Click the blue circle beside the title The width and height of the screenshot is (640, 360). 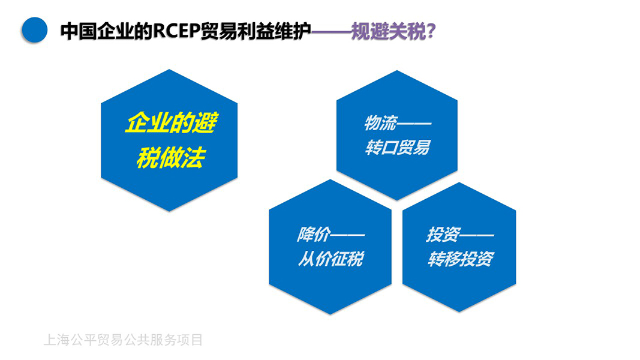click(x=34, y=30)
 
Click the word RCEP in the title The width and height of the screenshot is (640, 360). click(x=176, y=31)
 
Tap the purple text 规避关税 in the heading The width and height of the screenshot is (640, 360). click(x=388, y=31)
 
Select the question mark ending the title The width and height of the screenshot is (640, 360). click(x=431, y=31)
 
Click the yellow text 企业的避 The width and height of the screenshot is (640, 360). click(x=171, y=122)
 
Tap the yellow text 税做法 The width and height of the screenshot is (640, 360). click(x=170, y=158)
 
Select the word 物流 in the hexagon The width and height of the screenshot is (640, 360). click(x=380, y=122)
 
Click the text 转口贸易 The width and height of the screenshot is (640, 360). click(x=398, y=148)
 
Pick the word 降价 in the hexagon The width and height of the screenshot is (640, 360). click(x=314, y=234)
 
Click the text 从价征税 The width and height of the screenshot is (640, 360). click(x=330, y=259)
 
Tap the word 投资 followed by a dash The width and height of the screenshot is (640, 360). click(x=443, y=234)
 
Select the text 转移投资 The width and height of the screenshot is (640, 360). click(x=461, y=259)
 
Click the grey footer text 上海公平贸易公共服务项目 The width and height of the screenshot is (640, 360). click(x=123, y=340)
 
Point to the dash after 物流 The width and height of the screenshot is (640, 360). click(x=414, y=123)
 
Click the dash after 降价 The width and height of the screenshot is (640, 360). click(x=347, y=235)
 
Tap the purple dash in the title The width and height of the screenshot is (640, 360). click(x=331, y=31)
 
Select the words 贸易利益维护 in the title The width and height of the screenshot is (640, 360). click(x=256, y=31)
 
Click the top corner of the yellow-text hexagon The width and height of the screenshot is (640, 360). click(x=169, y=70)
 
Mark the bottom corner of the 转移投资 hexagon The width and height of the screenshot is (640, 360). click(x=459, y=312)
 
